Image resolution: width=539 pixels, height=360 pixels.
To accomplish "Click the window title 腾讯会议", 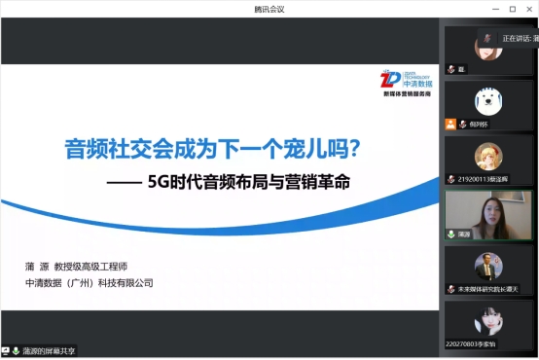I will coord(269,9).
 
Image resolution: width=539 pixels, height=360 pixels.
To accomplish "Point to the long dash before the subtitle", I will coord(121,181).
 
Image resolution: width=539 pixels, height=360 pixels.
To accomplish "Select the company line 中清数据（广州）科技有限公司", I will coord(90,283).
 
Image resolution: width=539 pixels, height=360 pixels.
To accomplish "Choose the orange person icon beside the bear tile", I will coord(450,124).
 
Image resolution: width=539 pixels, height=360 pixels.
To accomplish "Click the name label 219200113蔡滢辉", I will coord(485,180).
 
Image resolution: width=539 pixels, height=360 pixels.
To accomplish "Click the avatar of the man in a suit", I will coord(488,265).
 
